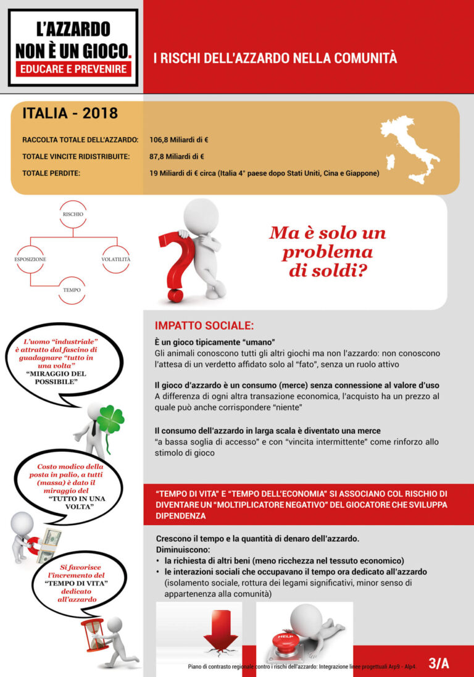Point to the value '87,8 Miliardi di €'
pos(177,157)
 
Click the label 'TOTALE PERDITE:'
pos(51,173)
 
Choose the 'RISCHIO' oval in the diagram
pos(72,214)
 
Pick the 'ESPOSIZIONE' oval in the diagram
pos(30,259)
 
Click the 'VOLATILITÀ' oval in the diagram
pos(116,259)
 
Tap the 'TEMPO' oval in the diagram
pos(72,289)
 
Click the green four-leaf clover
pos(111,419)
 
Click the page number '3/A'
pos(439,663)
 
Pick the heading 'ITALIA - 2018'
pos(70,114)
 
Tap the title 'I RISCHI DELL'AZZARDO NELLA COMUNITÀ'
pos(275,59)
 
